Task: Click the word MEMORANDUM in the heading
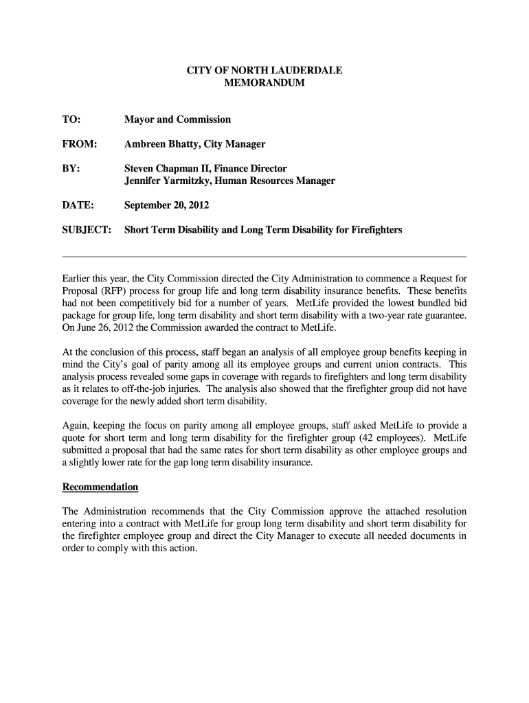coord(264,83)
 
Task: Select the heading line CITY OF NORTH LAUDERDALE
coord(264,71)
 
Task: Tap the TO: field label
coord(71,120)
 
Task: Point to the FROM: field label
coord(79,144)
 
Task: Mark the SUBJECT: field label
coord(87,230)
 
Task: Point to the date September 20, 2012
coord(166,205)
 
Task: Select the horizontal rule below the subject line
coord(264,256)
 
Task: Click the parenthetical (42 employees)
coord(383,439)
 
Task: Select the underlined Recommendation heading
coord(100,487)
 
